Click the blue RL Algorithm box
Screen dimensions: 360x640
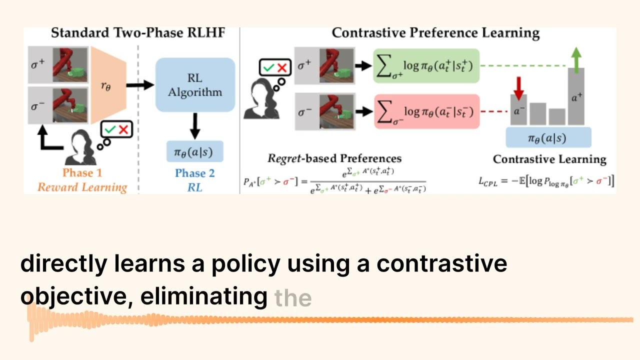tap(195, 84)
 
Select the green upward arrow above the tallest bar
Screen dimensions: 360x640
tap(576, 57)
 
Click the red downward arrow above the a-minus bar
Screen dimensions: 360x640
tap(518, 87)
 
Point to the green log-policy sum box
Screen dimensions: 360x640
tap(426, 65)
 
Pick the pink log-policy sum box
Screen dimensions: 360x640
tap(426, 111)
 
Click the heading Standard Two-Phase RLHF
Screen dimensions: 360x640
tap(138, 33)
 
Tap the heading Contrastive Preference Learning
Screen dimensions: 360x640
tap(435, 33)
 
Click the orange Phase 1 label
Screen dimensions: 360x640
tap(82, 173)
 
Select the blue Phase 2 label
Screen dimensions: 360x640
tap(194, 173)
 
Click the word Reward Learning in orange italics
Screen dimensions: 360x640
tap(82, 187)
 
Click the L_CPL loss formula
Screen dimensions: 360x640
tap(546, 181)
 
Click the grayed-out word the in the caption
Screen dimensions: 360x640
tap(293, 297)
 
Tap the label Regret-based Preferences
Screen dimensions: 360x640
tap(334, 159)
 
